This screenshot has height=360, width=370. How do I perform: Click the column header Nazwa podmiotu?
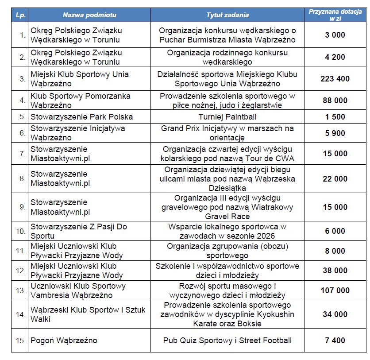(89, 15)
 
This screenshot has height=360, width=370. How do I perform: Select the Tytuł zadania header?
(227, 15)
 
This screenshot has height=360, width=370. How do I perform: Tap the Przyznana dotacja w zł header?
(335, 15)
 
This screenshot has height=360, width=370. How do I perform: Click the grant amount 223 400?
(335, 79)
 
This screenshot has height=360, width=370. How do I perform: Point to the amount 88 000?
(335, 101)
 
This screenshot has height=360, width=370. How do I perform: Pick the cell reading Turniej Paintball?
(227, 117)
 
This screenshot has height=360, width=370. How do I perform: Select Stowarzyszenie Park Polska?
(82, 117)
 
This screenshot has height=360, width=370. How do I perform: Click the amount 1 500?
(335, 117)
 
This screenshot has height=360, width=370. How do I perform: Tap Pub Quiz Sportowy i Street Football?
(227, 341)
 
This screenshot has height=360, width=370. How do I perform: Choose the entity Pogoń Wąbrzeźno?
(64, 341)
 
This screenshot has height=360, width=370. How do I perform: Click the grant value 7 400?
(335, 341)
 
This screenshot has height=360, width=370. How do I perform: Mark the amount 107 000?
(335, 290)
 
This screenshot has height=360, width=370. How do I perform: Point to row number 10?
(20, 231)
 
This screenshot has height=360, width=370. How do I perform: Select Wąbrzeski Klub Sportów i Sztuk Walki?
(88, 314)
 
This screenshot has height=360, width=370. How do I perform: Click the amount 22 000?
(335, 178)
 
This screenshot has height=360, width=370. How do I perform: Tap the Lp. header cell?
(20, 15)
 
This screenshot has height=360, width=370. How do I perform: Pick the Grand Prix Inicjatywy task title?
(227, 133)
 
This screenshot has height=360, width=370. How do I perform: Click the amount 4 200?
(335, 57)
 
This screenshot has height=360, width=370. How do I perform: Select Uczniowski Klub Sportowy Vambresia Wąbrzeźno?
(78, 290)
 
